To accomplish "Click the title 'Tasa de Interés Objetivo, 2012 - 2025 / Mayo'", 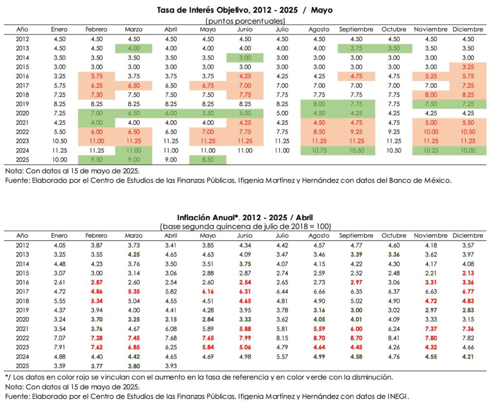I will click(x=245, y=9).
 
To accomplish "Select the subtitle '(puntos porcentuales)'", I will click(x=245, y=20).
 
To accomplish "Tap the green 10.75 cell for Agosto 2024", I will click(x=319, y=151).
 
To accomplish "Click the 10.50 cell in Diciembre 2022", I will click(x=467, y=133).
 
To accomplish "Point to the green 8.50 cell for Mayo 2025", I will click(x=208, y=160).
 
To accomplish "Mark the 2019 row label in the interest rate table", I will click(x=22, y=104).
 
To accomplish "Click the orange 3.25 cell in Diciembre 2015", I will click(x=467, y=67).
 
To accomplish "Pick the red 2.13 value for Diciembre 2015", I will click(x=467, y=273).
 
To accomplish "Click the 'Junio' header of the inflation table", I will click(x=245, y=236).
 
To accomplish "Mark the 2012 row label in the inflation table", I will click(x=22, y=245).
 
